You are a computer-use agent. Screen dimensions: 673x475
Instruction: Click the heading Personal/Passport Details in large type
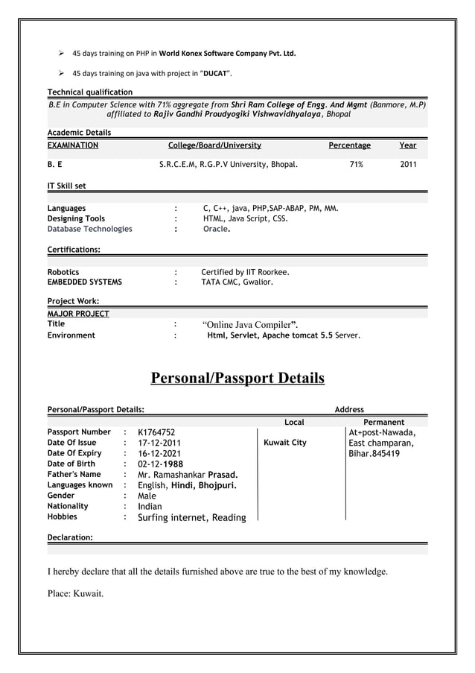(238, 378)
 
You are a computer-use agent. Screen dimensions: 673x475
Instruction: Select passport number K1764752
(156, 432)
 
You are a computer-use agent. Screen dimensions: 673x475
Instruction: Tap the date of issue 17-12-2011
(159, 443)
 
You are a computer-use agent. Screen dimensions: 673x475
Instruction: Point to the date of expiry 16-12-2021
(159, 453)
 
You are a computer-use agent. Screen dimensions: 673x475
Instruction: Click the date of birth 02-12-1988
(160, 464)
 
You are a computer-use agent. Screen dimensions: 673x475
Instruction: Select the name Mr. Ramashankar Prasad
(188, 474)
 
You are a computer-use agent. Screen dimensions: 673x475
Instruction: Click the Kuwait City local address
(285, 443)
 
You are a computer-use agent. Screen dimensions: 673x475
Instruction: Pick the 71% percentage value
(356, 165)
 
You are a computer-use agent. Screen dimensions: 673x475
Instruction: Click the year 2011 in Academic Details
(408, 165)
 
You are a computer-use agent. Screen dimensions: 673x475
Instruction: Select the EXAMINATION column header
(73, 145)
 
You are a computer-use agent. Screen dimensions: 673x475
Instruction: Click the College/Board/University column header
(214, 145)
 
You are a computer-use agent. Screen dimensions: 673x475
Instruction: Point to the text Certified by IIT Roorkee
(245, 272)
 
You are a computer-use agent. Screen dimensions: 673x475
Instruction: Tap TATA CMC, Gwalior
(237, 282)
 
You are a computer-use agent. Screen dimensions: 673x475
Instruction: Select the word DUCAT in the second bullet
(217, 73)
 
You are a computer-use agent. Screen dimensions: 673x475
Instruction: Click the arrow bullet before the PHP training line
(63, 54)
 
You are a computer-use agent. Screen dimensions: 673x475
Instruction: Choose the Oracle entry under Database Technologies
(217, 229)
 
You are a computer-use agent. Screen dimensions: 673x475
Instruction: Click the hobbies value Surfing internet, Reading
(191, 517)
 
